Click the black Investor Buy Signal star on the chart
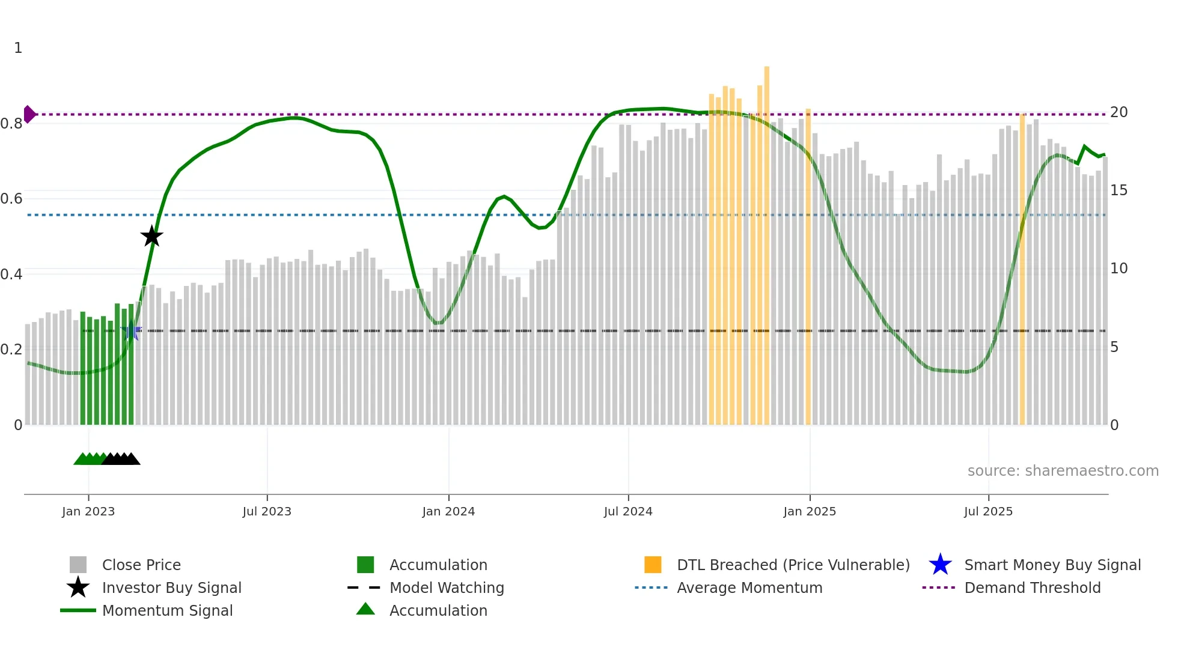coord(151,236)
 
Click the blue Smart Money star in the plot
coord(131,331)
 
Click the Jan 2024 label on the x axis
coord(448,511)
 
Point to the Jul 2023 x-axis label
coord(267,511)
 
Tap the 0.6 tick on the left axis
coord(11,199)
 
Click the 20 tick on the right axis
coord(1118,112)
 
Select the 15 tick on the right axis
coord(1118,190)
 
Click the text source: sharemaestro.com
coord(1063,471)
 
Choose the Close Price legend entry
coord(141,565)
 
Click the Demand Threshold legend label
coord(1032,588)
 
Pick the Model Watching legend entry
coord(446,588)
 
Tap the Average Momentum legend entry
coord(749,588)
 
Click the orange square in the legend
coord(653,565)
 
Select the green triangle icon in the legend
coord(365,609)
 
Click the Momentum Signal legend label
coord(167,610)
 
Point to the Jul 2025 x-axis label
coord(988,511)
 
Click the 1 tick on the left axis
coord(18,48)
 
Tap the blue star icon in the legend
coord(940,565)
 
